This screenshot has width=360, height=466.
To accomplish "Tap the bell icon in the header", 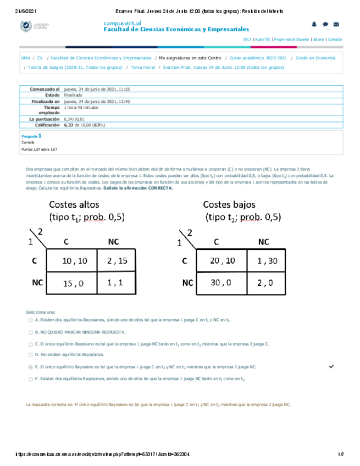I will coord(314,24).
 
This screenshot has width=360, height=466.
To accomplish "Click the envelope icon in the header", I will coord(336,24).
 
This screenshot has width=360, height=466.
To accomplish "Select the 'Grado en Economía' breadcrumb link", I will coord(315,57).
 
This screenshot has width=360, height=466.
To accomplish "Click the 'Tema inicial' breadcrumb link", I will coord(140,67).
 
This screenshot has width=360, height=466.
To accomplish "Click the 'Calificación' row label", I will coord(43,125).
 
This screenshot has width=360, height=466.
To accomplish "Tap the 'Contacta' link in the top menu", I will coord(335,40).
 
